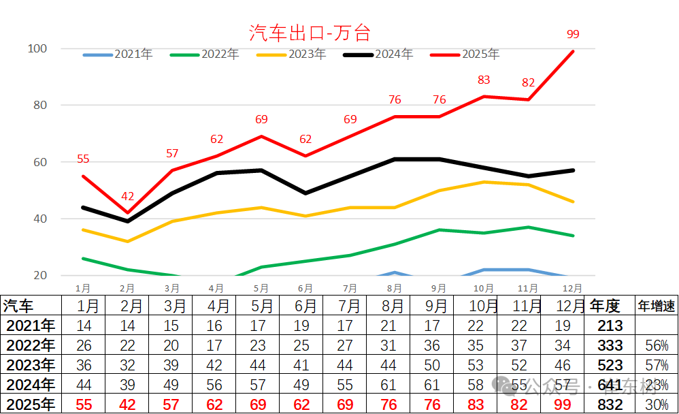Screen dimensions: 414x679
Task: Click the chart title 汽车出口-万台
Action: pyautogui.click(x=310, y=32)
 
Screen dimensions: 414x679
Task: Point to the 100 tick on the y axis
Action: pyautogui.click(x=37, y=49)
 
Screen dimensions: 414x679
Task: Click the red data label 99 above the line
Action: pyautogui.click(x=573, y=34)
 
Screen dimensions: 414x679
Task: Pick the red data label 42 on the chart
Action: pyautogui.click(x=128, y=197)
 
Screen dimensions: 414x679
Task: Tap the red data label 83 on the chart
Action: pyautogui.click(x=484, y=80)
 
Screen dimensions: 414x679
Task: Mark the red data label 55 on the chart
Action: pyautogui.click(x=83, y=159)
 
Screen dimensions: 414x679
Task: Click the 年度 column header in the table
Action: pyautogui.click(x=605, y=306)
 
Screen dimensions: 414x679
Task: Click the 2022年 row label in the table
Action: pyautogui.click(x=29, y=345)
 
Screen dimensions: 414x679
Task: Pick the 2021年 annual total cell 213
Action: pyautogui.click(x=610, y=325)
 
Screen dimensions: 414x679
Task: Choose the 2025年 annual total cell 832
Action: pyautogui.click(x=610, y=404)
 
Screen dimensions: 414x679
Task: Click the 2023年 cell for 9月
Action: pyautogui.click(x=433, y=365)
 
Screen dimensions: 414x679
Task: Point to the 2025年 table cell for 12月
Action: pyautogui.click(x=563, y=404)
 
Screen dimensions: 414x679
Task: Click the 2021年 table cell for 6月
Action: pyautogui.click(x=301, y=325)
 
